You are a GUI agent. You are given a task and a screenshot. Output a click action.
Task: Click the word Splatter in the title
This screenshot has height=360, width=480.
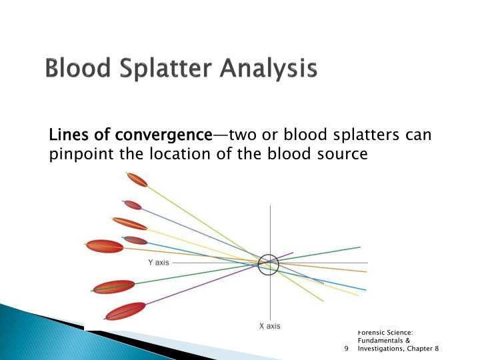165,69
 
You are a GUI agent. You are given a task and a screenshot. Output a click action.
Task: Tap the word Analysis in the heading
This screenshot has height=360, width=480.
268,69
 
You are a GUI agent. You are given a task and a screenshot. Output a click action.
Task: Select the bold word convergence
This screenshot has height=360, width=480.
164,135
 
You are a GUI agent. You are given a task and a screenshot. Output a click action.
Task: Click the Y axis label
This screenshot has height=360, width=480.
159,263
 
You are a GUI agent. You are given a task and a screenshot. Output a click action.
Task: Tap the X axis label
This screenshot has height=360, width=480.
270,326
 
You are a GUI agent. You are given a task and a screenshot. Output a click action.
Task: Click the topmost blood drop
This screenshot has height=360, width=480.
137,180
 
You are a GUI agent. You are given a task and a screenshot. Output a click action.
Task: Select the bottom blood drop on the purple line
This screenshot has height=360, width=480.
125,311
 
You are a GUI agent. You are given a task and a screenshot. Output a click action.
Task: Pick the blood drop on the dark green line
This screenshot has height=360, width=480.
114,287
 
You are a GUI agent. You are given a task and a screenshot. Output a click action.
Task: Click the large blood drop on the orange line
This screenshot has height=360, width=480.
105,246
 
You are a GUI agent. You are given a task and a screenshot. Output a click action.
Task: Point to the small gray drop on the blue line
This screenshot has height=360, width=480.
135,240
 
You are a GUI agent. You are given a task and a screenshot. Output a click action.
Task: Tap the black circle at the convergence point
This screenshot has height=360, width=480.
268,255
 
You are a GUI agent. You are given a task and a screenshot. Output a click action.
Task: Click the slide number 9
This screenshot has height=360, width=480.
346,349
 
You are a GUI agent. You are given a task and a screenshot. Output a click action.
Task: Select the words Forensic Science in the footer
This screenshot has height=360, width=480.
385,333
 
